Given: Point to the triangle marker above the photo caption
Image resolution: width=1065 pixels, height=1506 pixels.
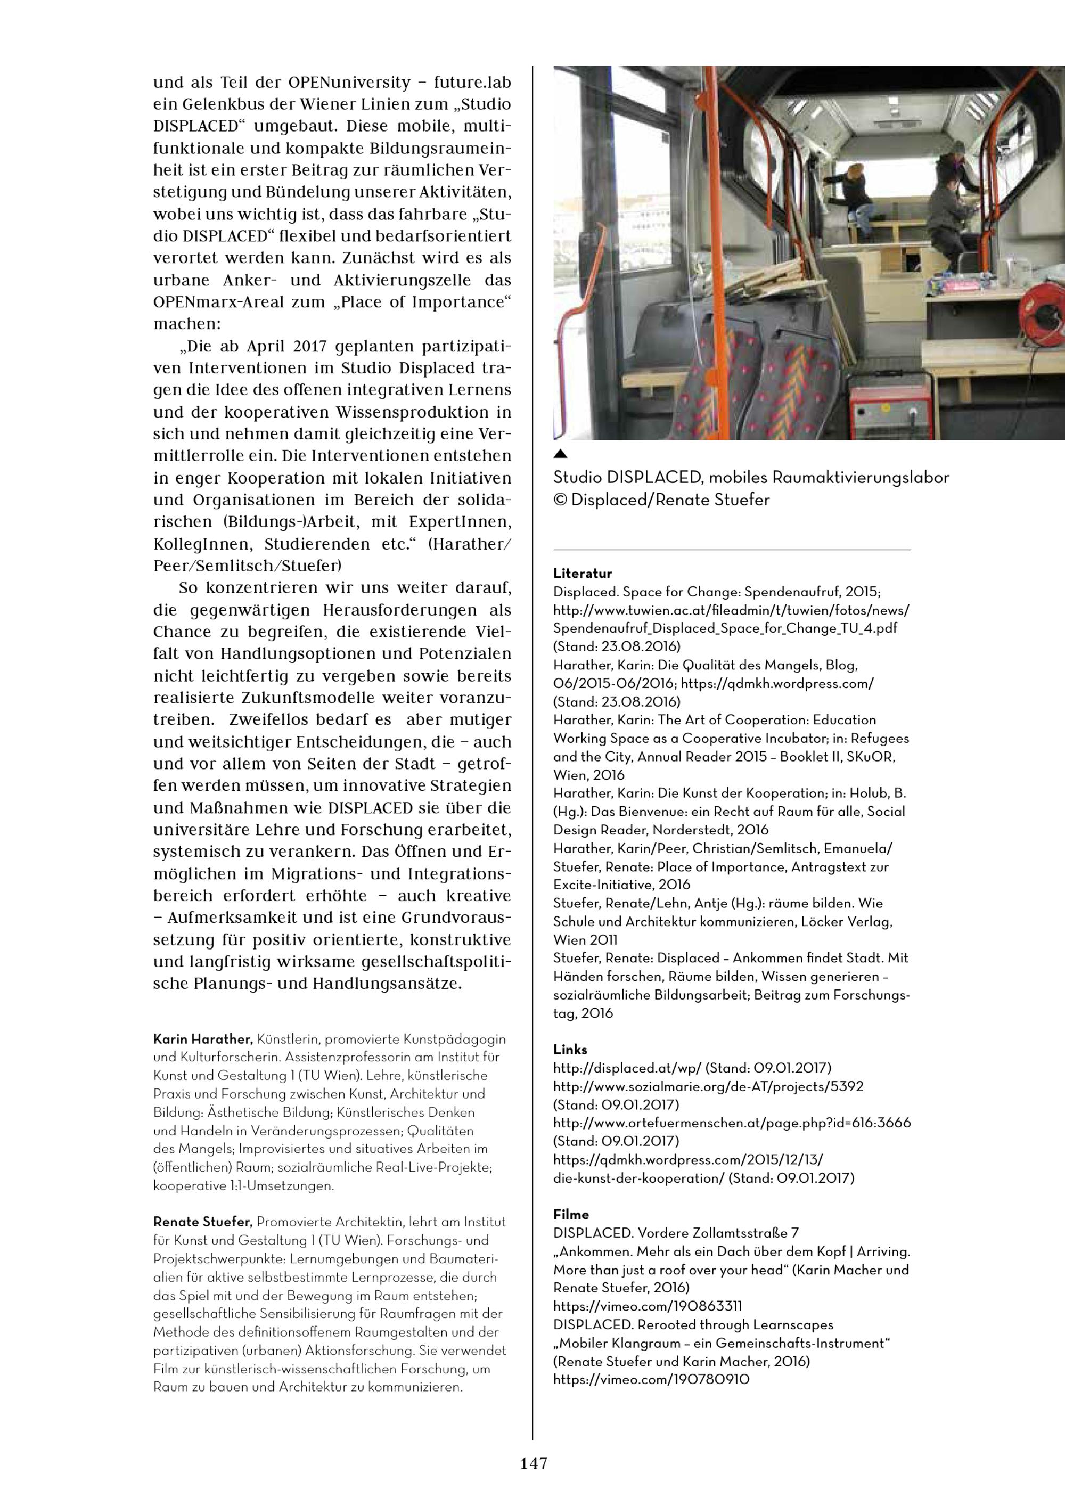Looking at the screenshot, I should pos(560,453).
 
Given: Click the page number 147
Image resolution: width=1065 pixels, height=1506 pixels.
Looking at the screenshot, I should pos(533,1463).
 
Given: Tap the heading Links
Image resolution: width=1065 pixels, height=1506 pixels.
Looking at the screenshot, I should pos(570,1050).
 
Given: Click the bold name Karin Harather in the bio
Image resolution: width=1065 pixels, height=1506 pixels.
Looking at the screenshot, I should pos(203,1039).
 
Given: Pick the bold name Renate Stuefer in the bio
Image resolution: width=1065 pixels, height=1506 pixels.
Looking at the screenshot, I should pos(203,1222).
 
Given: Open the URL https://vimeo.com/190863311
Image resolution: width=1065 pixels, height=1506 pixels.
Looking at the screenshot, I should pos(648,1306).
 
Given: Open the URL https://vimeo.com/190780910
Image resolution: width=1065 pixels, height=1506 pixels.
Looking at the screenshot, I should pos(651,1379).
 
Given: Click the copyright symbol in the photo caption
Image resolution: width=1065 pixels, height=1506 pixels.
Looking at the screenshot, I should pos(560,500).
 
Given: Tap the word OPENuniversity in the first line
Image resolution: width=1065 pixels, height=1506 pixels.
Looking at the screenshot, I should pos(349,83).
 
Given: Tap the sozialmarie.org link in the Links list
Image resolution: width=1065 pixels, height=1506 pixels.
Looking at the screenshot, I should pos(708,1086).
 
